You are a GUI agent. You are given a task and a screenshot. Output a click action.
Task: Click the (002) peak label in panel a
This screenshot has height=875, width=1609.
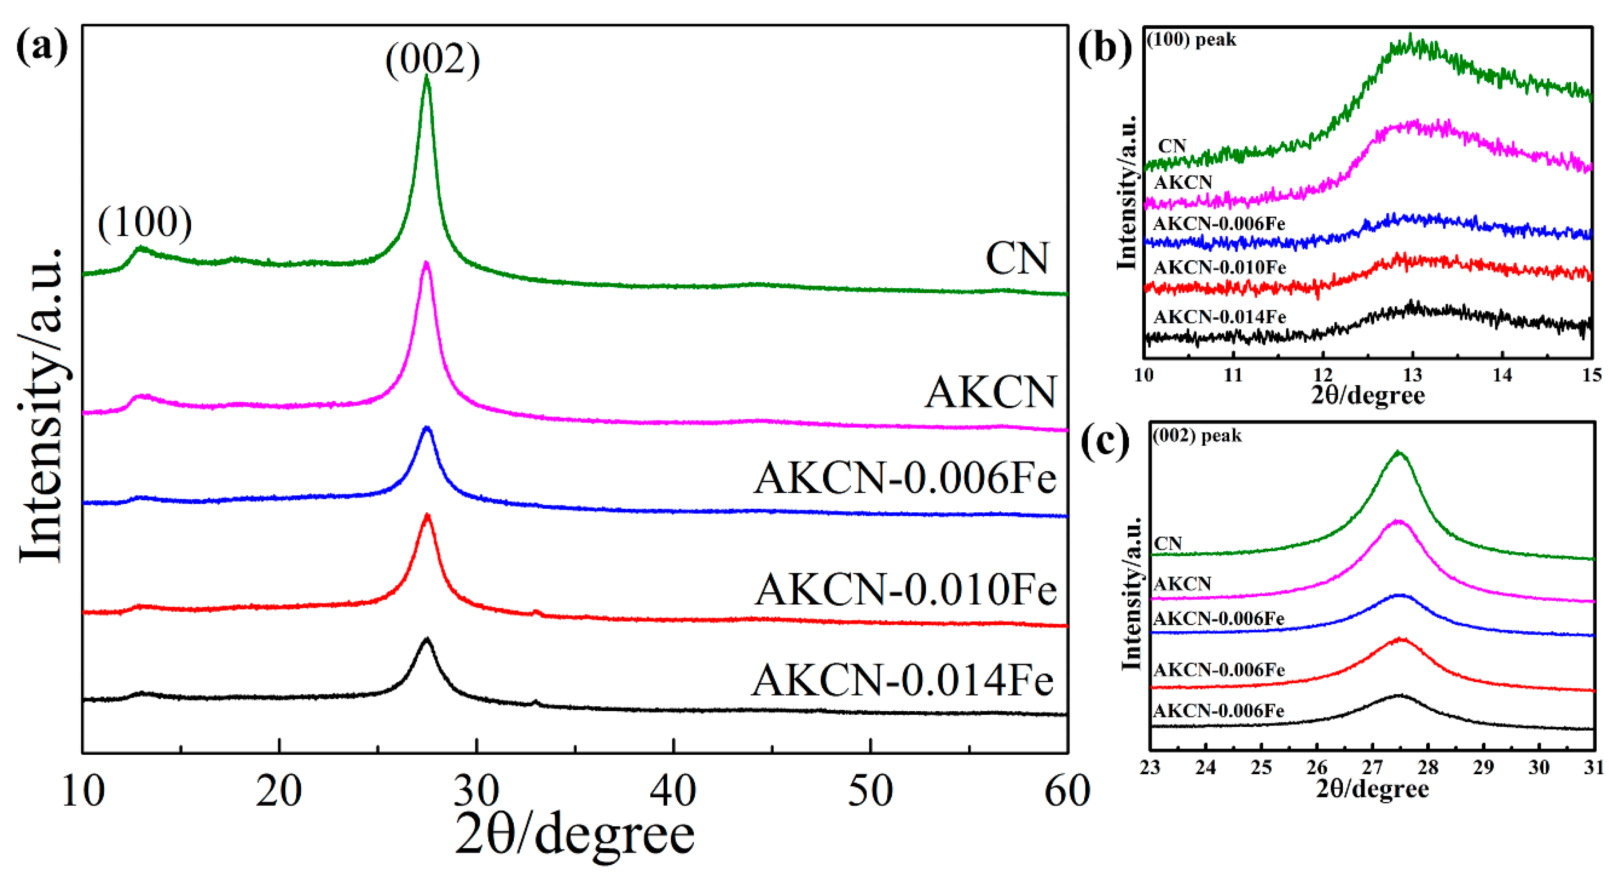tap(432, 60)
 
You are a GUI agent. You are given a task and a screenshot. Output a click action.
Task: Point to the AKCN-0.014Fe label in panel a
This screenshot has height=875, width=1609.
tap(903, 680)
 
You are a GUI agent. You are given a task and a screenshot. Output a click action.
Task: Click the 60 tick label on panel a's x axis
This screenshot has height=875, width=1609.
tap(1067, 791)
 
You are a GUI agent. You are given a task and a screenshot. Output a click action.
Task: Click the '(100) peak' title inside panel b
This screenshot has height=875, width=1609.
tap(1191, 40)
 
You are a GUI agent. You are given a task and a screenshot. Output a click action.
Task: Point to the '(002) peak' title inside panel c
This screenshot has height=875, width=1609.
tap(1197, 436)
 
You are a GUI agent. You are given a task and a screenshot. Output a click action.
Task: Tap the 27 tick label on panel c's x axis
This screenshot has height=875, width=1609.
tap(1372, 767)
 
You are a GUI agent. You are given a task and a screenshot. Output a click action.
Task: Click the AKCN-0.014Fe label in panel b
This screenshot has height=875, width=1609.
tap(1219, 317)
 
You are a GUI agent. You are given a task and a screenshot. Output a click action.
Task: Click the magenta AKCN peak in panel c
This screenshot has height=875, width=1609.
tap(1398, 521)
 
